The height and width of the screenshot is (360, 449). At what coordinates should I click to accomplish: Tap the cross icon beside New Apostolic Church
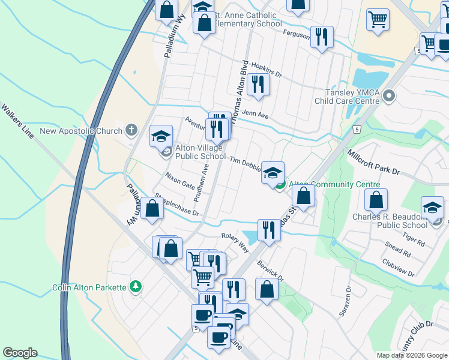pyautogui.click(x=131, y=130)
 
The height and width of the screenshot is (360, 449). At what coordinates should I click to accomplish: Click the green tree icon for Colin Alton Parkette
pyautogui.click(x=137, y=287)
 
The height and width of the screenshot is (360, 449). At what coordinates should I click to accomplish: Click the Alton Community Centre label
pyautogui.click(x=335, y=185)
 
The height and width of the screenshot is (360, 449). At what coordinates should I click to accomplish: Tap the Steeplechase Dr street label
pyautogui.click(x=176, y=204)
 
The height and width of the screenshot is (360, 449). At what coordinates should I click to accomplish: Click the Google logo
pyautogui.click(x=19, y=353)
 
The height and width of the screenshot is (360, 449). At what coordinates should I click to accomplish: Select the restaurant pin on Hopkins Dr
pyautogui.click(x=258, y=84)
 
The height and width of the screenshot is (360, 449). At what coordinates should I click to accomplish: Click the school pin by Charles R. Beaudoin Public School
pyautogui.click(x=432, y=208)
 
